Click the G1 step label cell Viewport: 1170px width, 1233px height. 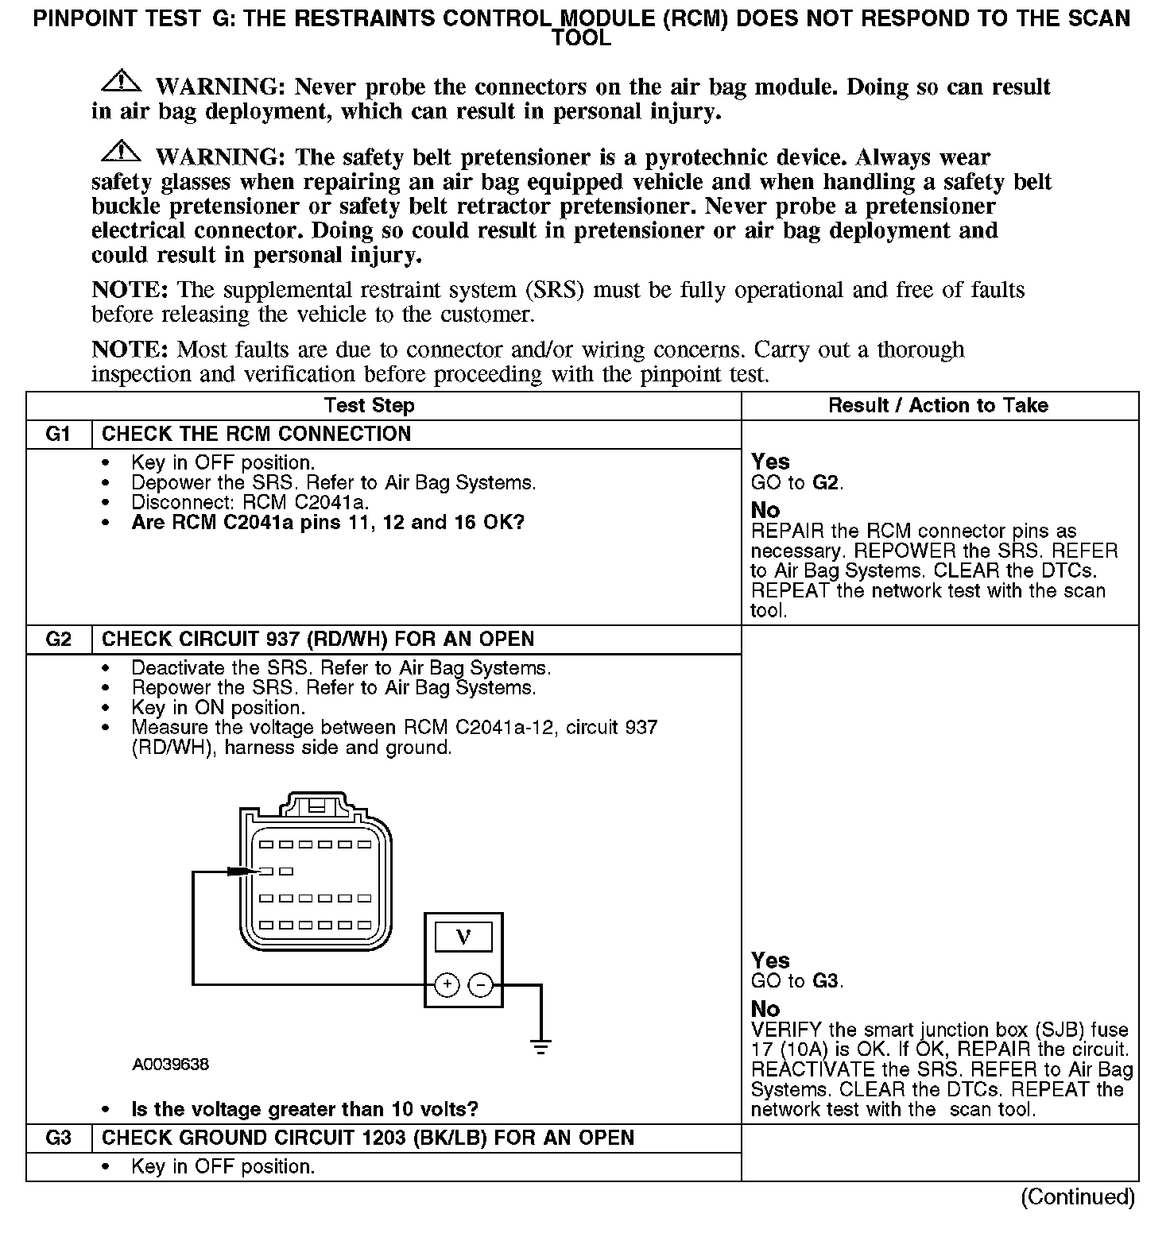tap(59, 435)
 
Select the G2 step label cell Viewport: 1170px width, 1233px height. tap(59, 640)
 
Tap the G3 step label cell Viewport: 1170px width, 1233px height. tap(59, 1138)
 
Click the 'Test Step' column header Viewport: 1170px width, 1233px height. tap(370, 406)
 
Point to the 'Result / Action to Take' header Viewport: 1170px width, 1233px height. tap(938, 406)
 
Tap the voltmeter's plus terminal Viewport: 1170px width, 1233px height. tap(447, 986)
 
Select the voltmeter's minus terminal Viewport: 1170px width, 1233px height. tap(480, 986)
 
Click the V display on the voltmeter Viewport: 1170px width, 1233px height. tap(463, 938)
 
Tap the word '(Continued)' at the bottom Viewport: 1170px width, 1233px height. tap(1078, 1196)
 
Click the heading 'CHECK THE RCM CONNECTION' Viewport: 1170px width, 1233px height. tap(257, 435)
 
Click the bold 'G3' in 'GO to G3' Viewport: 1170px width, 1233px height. tap(826, 981)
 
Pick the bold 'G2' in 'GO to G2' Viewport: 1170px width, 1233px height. tap(826, 482)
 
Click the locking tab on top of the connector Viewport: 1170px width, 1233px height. tap(316, 805)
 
